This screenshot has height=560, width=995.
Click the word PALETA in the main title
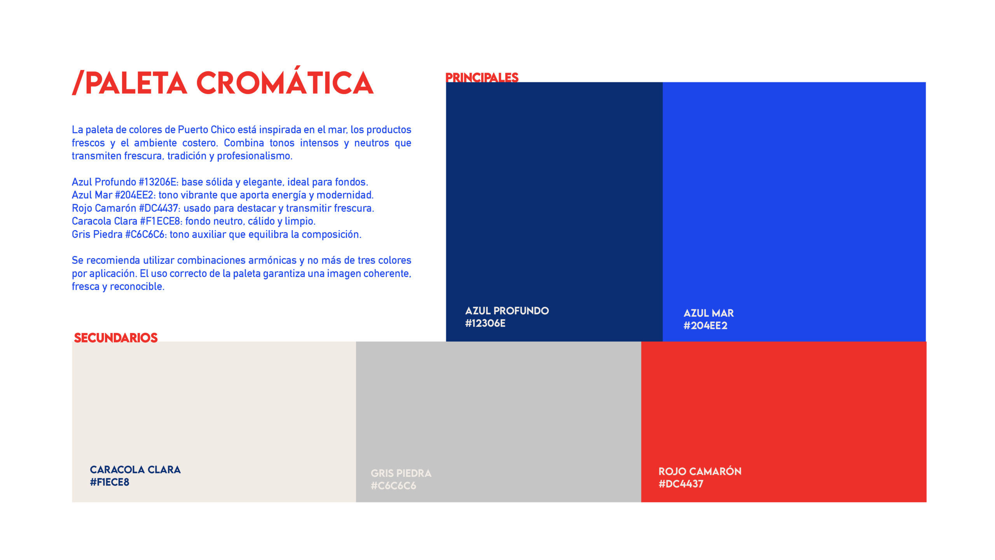136,83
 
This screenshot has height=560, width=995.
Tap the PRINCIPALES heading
482,77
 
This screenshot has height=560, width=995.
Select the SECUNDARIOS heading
116,338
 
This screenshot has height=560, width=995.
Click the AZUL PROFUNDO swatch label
507,311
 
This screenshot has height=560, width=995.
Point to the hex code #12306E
485,323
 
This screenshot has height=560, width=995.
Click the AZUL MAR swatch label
709,313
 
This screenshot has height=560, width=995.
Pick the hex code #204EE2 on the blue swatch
705,326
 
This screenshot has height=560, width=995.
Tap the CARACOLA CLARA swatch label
135,469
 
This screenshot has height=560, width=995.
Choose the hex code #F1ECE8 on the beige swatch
109,482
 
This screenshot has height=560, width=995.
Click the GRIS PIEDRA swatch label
401,473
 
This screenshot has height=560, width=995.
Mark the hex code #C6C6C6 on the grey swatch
393,486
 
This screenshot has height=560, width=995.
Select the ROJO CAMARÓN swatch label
700,471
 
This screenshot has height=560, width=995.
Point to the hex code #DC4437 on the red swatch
681,484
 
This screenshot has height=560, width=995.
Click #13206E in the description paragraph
158,182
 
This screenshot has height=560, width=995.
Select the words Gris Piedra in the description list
97,234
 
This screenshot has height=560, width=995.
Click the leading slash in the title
78,83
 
